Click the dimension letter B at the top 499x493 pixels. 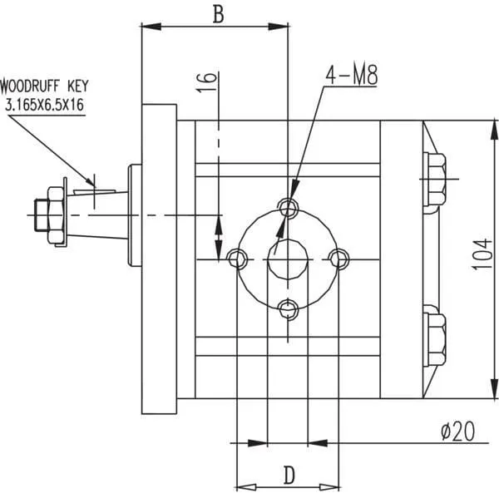coord(218,14)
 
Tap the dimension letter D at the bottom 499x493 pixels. coord(289,476)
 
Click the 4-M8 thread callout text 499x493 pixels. coord(352,76)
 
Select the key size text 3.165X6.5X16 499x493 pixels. coord(45,105)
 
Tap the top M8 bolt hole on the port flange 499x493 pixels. coord(289,206)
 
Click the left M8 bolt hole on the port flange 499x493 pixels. coord(237,259)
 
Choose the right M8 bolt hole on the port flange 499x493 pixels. coord(338,259)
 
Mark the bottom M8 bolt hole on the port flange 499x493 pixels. coord(289,310)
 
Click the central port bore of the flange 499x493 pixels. coord(288,259)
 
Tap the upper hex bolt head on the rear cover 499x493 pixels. coord(435,179)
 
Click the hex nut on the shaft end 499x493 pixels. coord(55,215)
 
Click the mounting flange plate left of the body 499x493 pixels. coord(159,259)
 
